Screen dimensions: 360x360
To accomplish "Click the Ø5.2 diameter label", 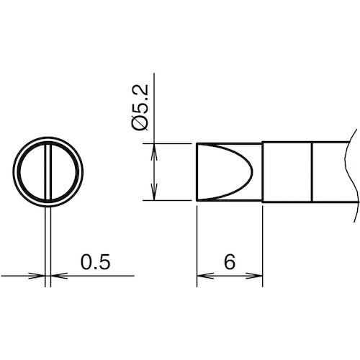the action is tap(140, 107).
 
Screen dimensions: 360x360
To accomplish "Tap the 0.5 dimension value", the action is tap(95, 261).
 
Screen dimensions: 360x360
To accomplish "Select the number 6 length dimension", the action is tap(230, 261).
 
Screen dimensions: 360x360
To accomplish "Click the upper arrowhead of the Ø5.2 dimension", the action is tap(154, 152).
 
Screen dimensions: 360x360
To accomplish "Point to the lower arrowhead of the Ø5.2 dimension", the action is tap(154, 192).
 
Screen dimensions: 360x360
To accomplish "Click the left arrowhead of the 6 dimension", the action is tap(205, 276).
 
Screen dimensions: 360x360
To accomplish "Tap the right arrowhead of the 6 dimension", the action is tap(254, 276).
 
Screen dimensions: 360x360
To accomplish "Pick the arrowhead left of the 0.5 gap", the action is tap(37, 276).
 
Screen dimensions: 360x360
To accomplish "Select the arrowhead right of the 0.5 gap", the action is tap(59, 276).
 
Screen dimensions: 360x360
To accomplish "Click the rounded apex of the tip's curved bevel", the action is tap(252, 172).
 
